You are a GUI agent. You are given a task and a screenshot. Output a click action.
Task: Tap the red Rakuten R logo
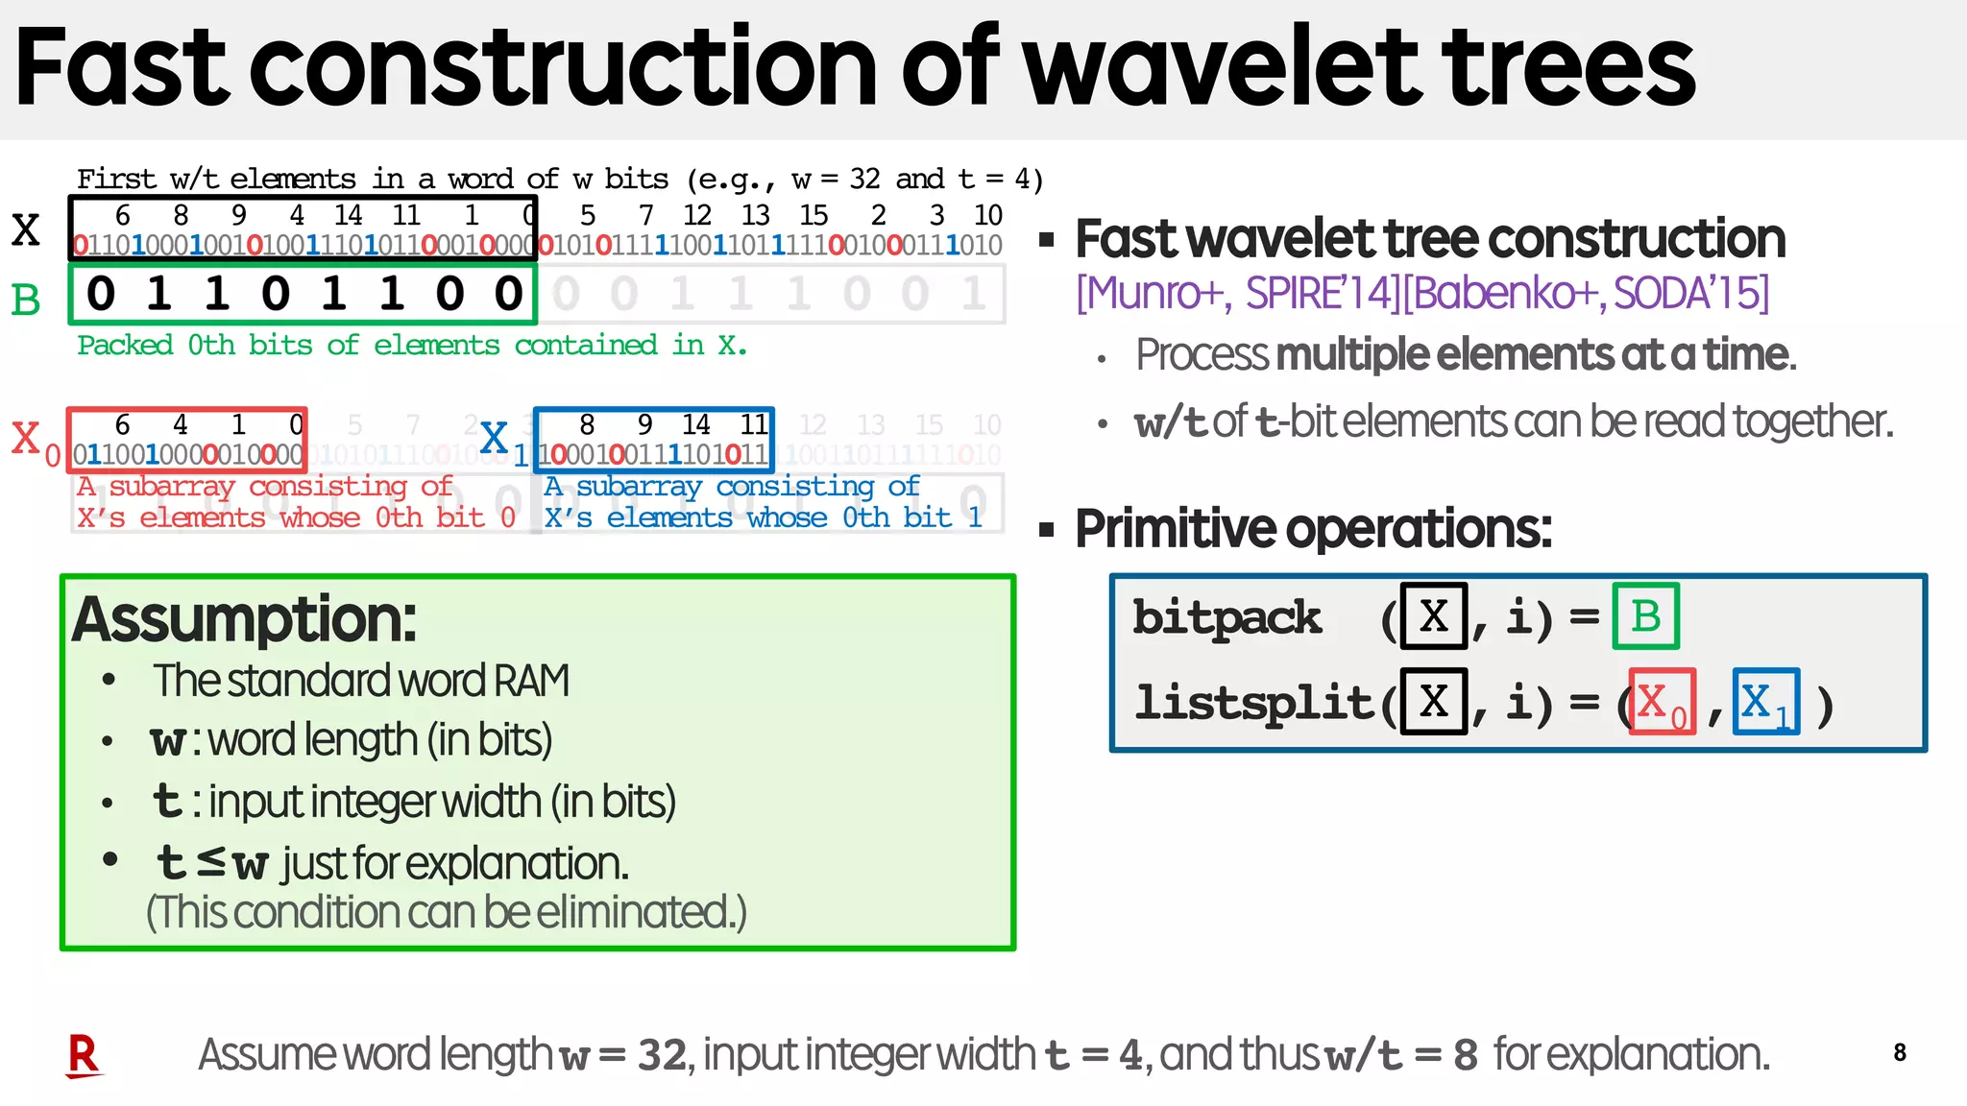(x=84, y=1055)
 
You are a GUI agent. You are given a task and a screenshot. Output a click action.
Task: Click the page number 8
(x=1899, y=1052)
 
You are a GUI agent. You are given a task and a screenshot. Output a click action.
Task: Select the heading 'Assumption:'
(x=244, y=619)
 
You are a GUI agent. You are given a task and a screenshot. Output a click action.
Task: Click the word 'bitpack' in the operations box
(x=1226, y=617)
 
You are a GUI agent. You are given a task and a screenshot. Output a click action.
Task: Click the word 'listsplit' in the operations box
(x=1253, y=703)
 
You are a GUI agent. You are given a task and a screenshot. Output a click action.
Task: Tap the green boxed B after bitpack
(x=1645, y=616)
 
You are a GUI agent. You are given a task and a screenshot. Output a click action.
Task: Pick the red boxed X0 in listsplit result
(x=1662, y=703)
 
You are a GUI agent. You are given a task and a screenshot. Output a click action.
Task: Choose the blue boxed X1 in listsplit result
(x=1765, y=703)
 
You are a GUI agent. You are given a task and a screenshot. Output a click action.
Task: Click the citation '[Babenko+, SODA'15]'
(x=1585, y=293)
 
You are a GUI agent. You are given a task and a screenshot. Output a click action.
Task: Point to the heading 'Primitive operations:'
(x=1312, y=528)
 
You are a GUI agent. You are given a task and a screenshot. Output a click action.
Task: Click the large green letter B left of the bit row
(x=26, y=301)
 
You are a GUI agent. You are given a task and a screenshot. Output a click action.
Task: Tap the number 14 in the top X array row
(x=348, y=215)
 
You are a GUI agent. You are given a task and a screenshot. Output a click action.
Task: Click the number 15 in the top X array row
(x=814, y=215)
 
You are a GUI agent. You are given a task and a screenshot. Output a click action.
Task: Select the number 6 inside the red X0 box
(x=122, y=424)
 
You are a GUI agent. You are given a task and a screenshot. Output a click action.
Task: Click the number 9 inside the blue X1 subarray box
(x=644, y=424)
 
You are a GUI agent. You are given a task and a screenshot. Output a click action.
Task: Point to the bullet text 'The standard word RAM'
(x=361, y=681)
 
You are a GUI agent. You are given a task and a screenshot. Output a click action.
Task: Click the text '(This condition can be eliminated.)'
(x=447, y=912)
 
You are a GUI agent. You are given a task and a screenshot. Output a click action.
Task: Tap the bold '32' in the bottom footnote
(x=663, y=1055)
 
